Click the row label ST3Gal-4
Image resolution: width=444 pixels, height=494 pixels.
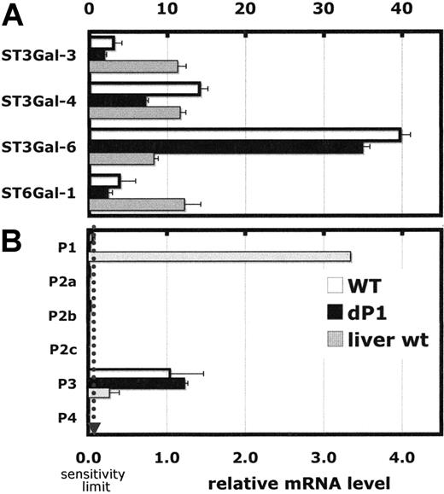pos(44,101)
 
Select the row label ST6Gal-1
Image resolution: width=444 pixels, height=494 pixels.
pos(44,193)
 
